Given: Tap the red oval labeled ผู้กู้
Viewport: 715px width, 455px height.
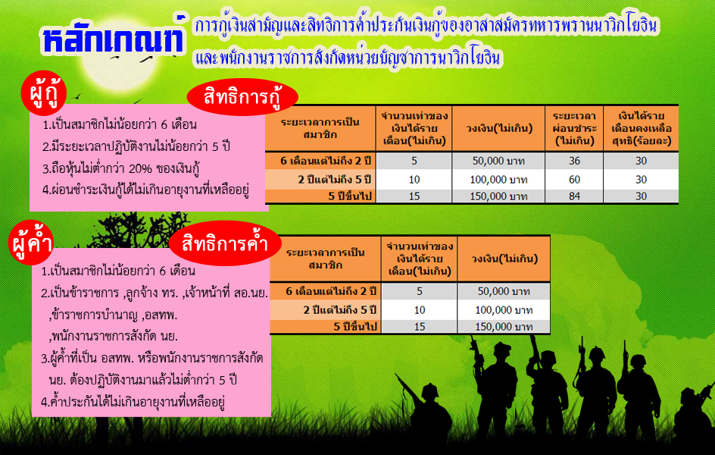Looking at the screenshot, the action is [x=44, y=93].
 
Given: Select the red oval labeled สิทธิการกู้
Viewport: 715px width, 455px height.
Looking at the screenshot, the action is [x=242, y=97].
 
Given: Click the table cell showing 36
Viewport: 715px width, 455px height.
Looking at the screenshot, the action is [x=574, y=161].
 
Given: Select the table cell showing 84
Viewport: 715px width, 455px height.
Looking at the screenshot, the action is [x=574, y=196].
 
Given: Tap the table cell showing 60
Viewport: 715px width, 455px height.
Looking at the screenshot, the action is [x=574, y=180].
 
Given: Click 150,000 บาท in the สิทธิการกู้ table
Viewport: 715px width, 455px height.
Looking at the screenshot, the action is [x=498, y=196].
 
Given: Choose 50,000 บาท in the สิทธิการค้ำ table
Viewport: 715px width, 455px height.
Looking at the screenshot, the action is [x=504, y=291].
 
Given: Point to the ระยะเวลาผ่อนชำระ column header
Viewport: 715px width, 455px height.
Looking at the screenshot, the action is [x=574, y=128].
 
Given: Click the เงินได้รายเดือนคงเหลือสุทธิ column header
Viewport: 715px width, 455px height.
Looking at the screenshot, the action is [x=641, y=128].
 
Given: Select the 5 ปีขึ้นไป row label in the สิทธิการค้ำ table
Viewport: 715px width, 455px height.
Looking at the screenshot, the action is [x=354, y=327].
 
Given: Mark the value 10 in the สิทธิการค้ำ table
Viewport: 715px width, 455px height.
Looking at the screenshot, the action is [x=419, y=310].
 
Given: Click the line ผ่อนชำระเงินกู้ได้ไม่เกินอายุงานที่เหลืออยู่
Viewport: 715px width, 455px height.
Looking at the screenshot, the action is [x=145, y=190].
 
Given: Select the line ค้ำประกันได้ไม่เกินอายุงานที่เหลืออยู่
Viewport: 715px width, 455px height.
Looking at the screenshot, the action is [x=133, y=402].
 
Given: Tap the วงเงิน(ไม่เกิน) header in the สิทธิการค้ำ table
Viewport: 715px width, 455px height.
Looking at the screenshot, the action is [x=504, y=259].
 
